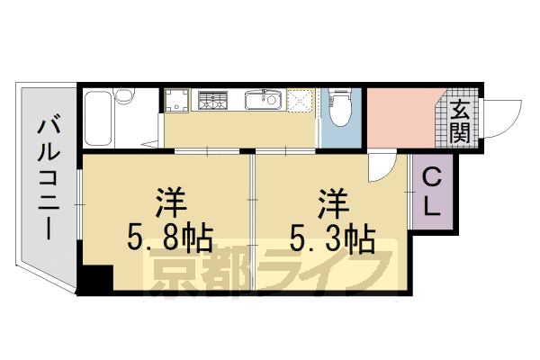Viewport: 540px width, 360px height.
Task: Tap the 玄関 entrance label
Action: pyautogui.click(x=460, y=121)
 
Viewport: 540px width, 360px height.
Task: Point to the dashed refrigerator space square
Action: pyautogui.click(x=301, y=103)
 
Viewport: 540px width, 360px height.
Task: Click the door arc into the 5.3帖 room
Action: pyautogui.click(x=382, y=164)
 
